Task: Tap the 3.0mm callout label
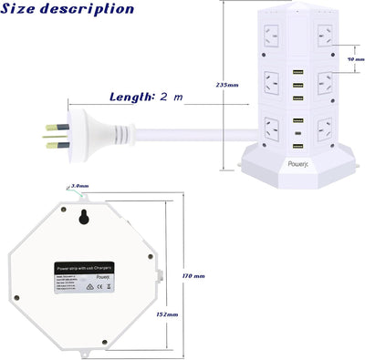(x=79, y=186)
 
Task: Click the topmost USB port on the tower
(x=297, y=74)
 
